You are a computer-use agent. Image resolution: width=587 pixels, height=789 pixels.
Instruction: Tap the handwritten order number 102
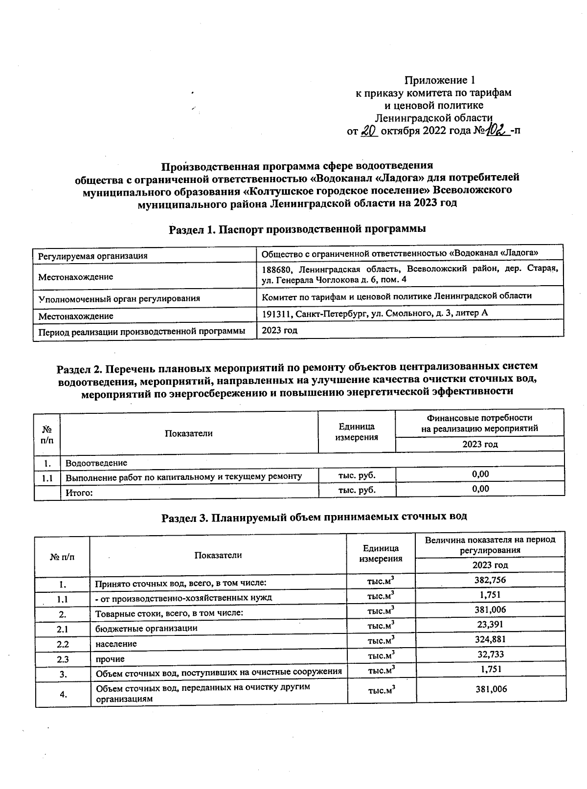tap(497, 131)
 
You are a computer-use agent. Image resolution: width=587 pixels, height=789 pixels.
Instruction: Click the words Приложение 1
tap(439, 80)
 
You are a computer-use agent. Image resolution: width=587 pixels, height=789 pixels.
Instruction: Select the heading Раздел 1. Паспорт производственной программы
tap(297, 228)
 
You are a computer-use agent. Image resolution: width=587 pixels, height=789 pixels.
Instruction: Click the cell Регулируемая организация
tap(93, 256)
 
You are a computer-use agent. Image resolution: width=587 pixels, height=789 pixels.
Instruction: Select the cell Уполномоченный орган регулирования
tap(119, 298)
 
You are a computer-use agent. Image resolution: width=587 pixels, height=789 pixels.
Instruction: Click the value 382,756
tap(490, 580)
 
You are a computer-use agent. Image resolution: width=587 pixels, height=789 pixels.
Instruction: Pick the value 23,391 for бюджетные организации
tap(490, 625)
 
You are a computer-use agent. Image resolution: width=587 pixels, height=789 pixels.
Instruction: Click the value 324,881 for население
tap(490, 639)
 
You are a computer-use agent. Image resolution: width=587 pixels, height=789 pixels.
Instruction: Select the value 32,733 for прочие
tap(490, 654)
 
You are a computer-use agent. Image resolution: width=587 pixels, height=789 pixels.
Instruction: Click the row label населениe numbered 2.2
tap(116, 644)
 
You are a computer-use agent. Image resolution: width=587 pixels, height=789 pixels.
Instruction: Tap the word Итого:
tap(79, 493)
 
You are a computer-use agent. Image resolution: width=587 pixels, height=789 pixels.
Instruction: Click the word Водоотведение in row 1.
tap(96, 463)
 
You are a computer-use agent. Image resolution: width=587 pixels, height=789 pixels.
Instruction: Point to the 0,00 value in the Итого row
tap(480, 489)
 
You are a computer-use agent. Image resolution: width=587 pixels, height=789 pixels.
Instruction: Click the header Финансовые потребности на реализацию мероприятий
tap(479, 423)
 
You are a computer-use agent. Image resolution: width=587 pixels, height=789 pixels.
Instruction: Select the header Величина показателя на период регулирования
tap(490, 544)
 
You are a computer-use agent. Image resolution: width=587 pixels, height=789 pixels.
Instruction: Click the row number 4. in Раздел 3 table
tap(63, 694)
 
